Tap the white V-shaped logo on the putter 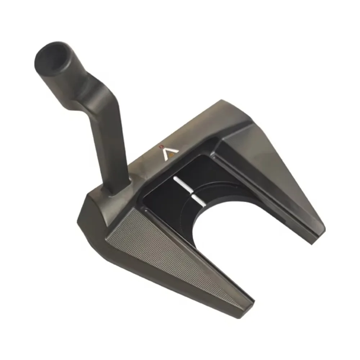[166, 154]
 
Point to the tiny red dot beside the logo [162, 147]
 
